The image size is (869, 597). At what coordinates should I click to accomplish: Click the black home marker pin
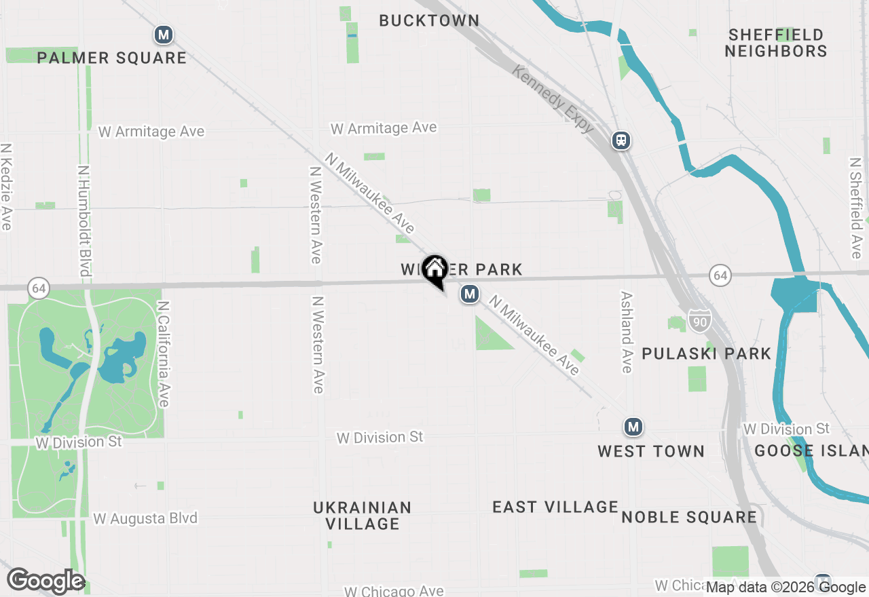434,269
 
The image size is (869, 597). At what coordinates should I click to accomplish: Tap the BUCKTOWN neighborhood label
429,21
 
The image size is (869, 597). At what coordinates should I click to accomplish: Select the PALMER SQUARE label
112,58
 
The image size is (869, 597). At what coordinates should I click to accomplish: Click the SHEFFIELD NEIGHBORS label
776,43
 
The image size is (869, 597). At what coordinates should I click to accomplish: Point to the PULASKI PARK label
707,353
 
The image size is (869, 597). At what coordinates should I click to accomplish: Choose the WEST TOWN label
651,451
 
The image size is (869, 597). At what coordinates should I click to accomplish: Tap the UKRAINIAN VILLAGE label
363,516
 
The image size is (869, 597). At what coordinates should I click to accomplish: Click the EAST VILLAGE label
555,507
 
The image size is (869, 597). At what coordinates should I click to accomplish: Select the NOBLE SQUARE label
689,517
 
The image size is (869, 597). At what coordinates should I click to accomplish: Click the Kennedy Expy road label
554,99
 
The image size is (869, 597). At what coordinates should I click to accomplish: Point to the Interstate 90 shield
699,320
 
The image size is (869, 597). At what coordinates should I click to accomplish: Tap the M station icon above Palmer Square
163,35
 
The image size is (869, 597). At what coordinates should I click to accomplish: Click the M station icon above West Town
633,427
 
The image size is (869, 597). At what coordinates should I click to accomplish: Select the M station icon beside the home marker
469,294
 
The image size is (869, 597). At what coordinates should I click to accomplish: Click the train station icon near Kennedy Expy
621,140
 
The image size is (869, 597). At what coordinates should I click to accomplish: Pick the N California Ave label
163,355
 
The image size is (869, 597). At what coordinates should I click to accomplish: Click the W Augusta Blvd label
145,519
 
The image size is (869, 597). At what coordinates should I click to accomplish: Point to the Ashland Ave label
627,332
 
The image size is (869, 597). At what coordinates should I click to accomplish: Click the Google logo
45,581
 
